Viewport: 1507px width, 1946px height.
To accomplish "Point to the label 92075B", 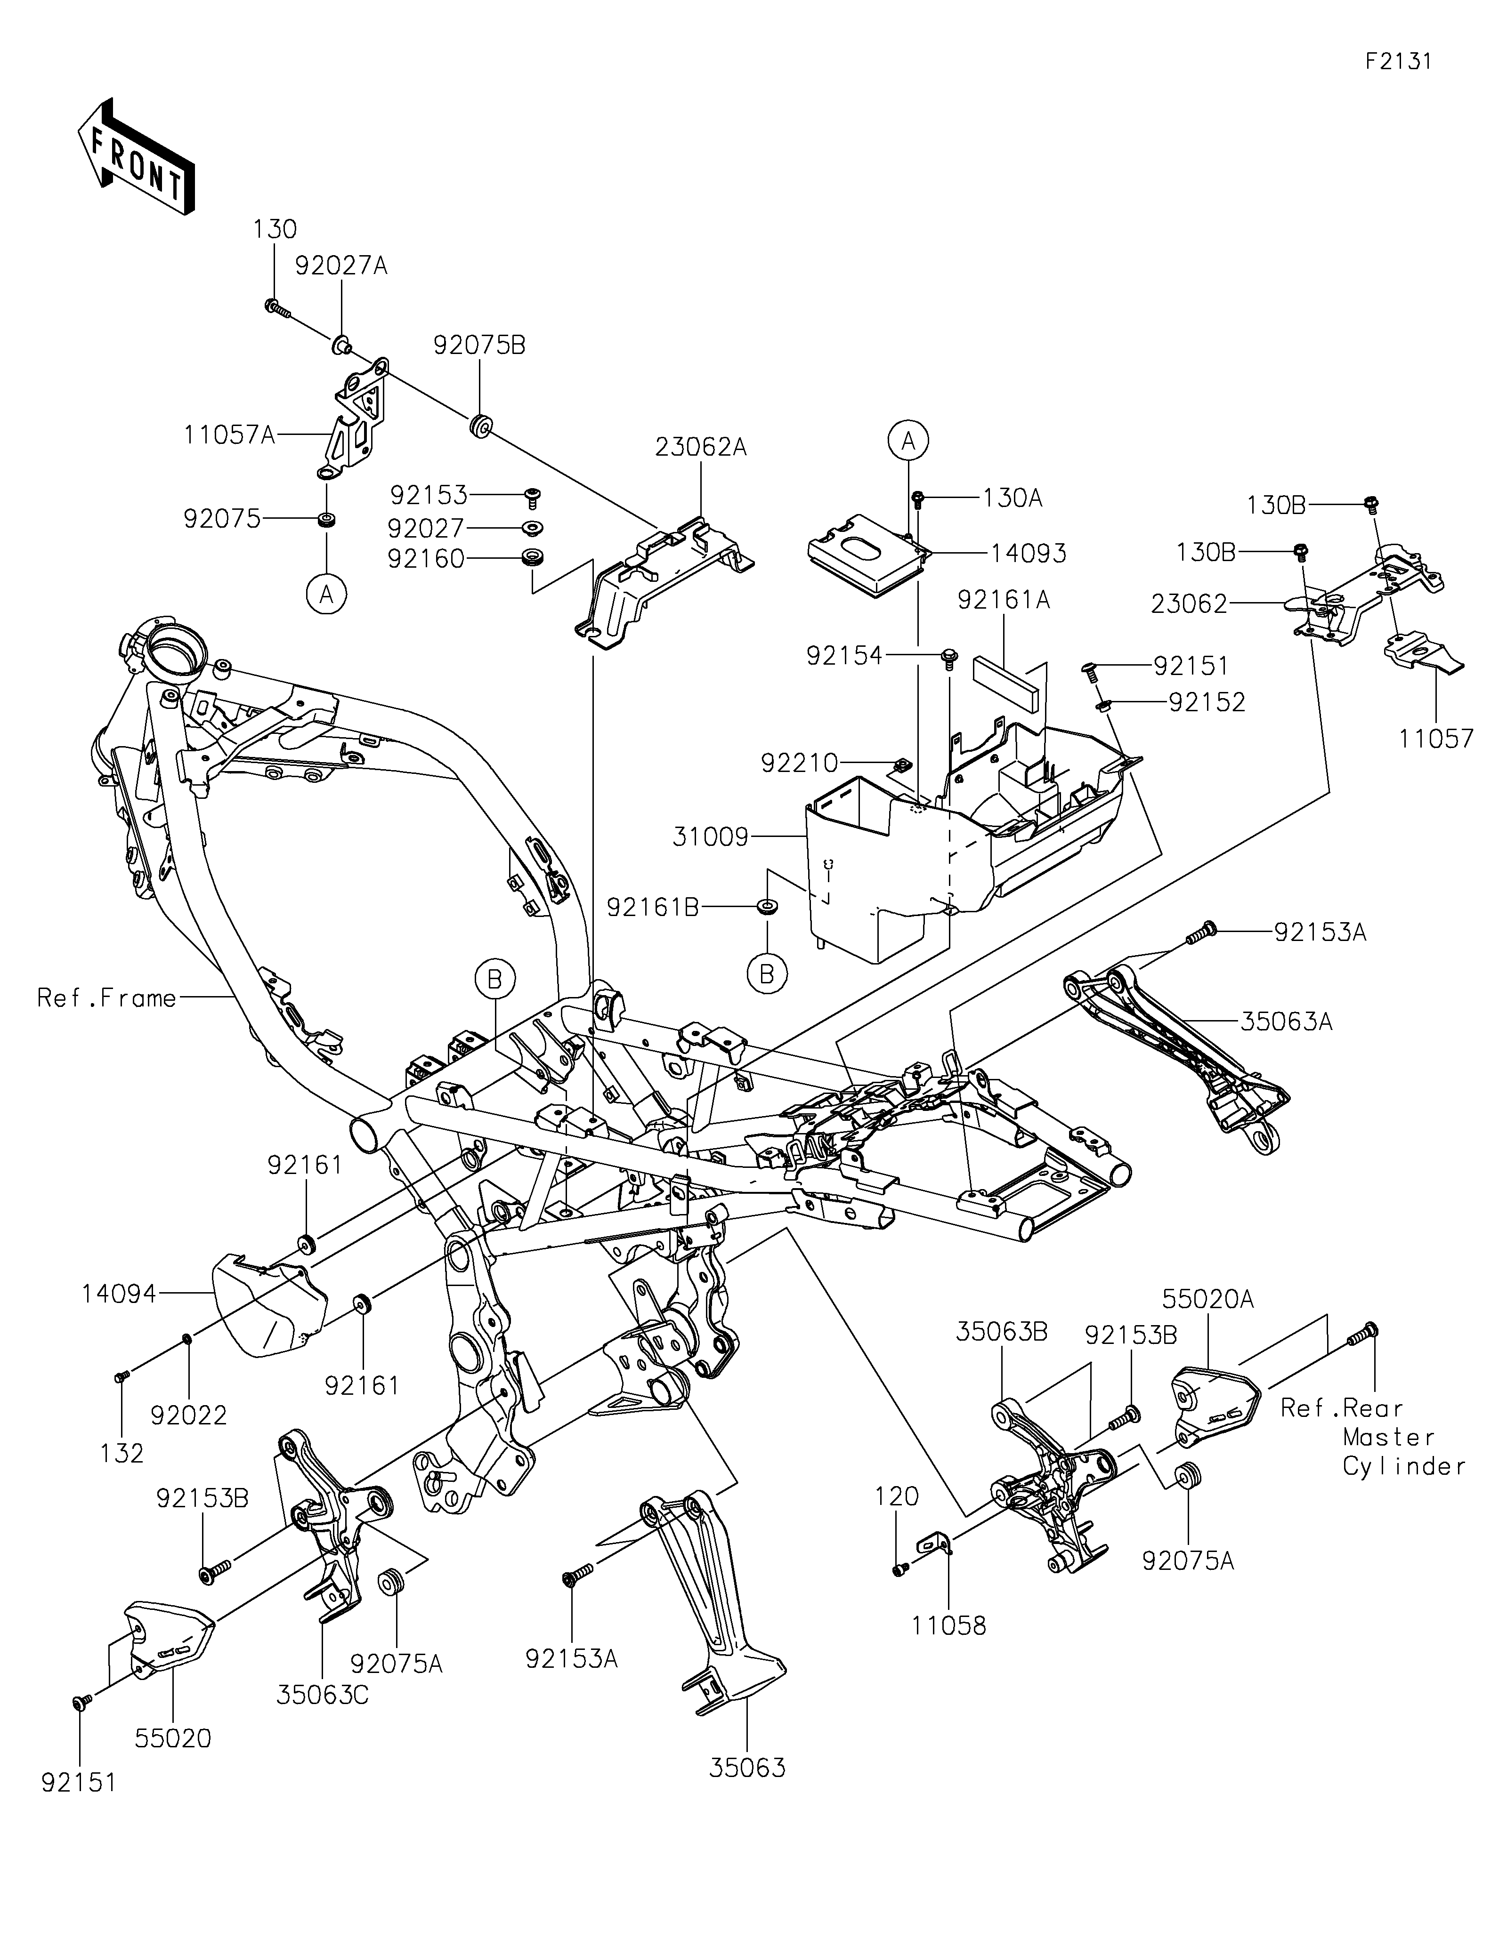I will click(479, 346).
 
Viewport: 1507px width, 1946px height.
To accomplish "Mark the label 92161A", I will click(1004, 601).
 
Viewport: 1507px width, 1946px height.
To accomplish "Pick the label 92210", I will click(799, 763).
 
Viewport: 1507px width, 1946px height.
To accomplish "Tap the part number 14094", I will click(120, 1294).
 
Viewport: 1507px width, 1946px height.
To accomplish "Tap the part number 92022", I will click(189, 1415).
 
